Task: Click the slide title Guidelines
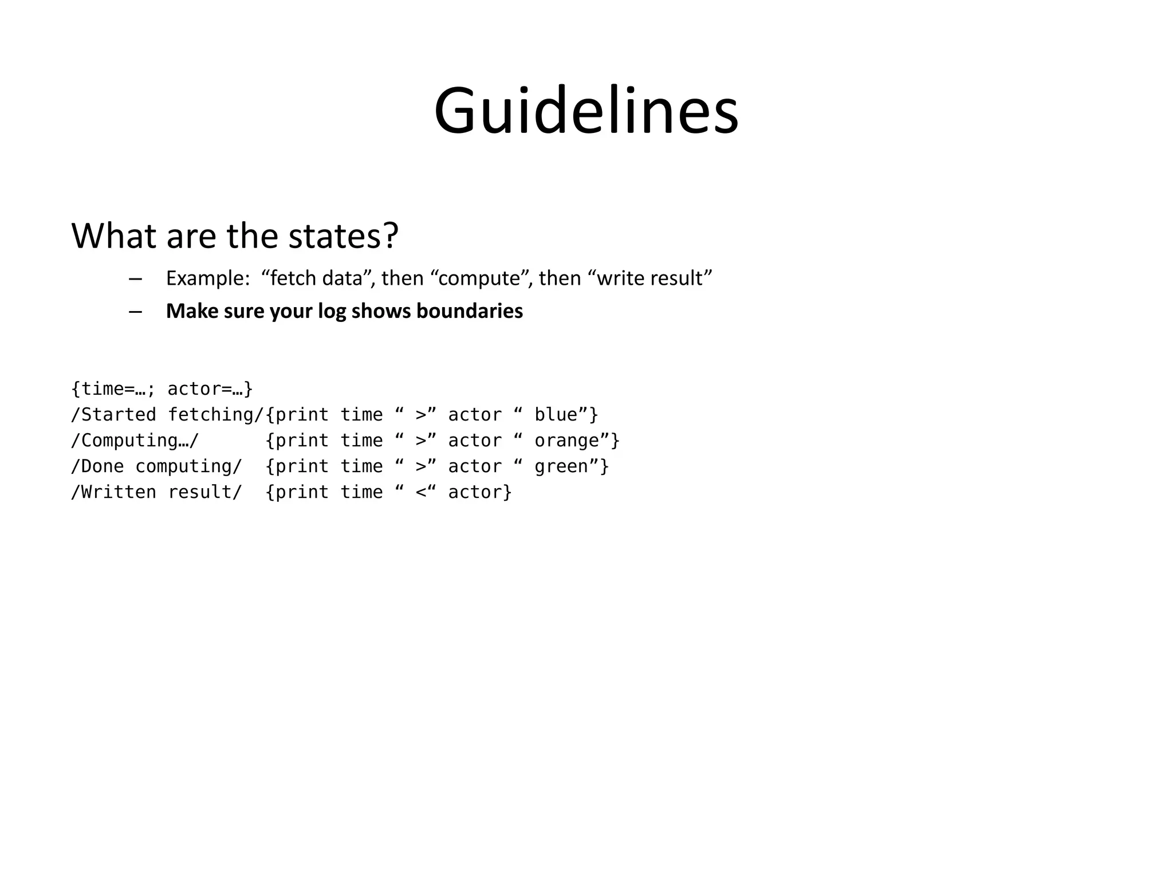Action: (x=586, y=110)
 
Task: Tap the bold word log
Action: (x=332, y=311)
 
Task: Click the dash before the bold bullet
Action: (x=135, y=312)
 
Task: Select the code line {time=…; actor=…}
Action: (x=162, y=388)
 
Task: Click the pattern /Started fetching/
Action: (x=167, y=414)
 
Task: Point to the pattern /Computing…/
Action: (x=135, y=440)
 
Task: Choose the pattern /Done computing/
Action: (x=156, y=466)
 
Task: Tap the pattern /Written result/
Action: (x=156, y=492)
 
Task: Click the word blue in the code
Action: (x=556, y=414)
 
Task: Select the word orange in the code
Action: (x=566, y=440)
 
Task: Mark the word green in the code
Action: (x=561, y=466)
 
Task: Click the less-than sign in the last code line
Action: (x=422, y=492)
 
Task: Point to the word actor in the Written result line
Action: (x=475, y=492)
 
